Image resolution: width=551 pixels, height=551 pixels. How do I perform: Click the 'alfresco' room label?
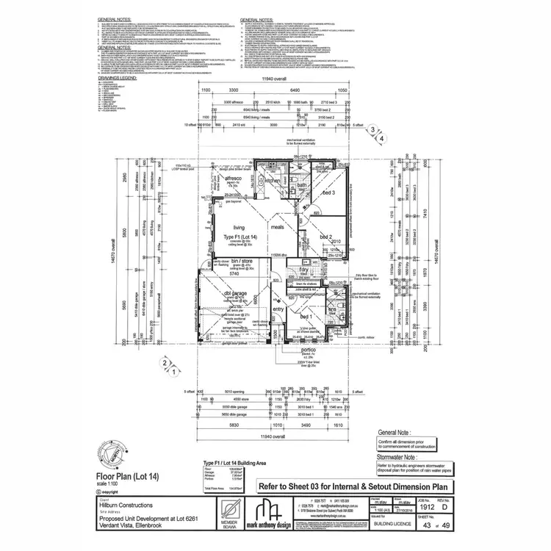pos(233,179)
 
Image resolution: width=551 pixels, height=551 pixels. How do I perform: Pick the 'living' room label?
pos(239,228)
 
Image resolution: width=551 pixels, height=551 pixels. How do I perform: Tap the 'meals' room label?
pos(277,228)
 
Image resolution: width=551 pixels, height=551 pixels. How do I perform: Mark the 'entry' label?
pos(278,309)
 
